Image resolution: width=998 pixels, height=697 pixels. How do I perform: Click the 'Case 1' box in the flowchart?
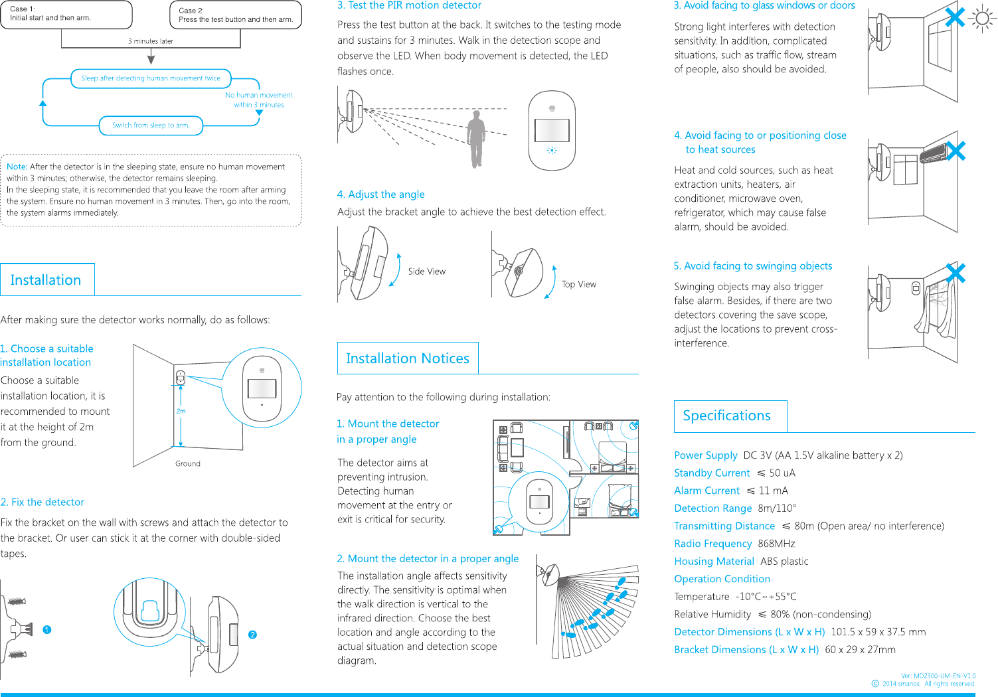[66, 14]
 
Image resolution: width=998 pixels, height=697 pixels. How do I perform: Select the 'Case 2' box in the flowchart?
[236, 15]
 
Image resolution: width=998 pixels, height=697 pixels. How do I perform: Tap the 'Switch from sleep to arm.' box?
[151, 125]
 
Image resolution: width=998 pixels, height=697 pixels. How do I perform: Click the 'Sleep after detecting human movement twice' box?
[151, 78]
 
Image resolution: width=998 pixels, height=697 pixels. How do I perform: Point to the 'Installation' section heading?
[46, 280]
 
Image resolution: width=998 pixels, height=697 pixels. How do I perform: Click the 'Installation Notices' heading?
[408, 358]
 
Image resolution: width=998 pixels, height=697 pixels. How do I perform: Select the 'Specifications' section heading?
[726, 416]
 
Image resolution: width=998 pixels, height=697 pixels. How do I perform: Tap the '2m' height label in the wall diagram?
[181, 411]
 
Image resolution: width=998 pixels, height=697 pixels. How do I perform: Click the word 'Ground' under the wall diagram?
[188, 463]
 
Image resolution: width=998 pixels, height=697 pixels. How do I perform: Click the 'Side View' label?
[427, 271]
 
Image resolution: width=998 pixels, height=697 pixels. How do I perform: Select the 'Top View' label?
[579, 284]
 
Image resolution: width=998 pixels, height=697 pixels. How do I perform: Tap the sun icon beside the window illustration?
[983, 18]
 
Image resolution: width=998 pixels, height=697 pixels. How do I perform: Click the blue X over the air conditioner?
[956, 151]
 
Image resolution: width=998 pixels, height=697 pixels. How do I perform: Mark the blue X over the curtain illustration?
[956, 273]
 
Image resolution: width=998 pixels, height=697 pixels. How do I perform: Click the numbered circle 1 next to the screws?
[47, 629]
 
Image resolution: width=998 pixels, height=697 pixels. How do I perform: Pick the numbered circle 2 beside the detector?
[252, 635]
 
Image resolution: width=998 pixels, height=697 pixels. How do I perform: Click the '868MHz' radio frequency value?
[776, 544]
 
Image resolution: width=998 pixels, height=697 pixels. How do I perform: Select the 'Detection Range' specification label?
[713, 508]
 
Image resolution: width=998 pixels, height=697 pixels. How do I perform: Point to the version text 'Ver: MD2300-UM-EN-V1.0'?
[938, 676]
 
